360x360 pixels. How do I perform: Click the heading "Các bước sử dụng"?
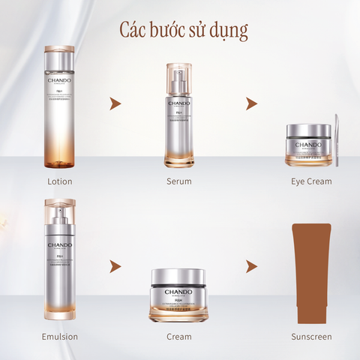point(184,29)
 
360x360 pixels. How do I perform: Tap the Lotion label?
point(59,181)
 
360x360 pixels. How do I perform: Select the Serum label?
point(179,181)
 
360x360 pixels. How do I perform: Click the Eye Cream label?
point(311,181)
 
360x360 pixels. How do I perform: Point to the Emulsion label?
point(59,337)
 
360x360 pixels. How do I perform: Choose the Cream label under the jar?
point(179,337)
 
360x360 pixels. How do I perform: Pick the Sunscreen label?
point(311,337)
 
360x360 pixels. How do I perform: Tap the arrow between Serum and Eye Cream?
point(241,103)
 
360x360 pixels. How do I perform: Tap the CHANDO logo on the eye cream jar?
point(307,144)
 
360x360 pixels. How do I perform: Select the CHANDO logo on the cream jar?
point(178,295)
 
